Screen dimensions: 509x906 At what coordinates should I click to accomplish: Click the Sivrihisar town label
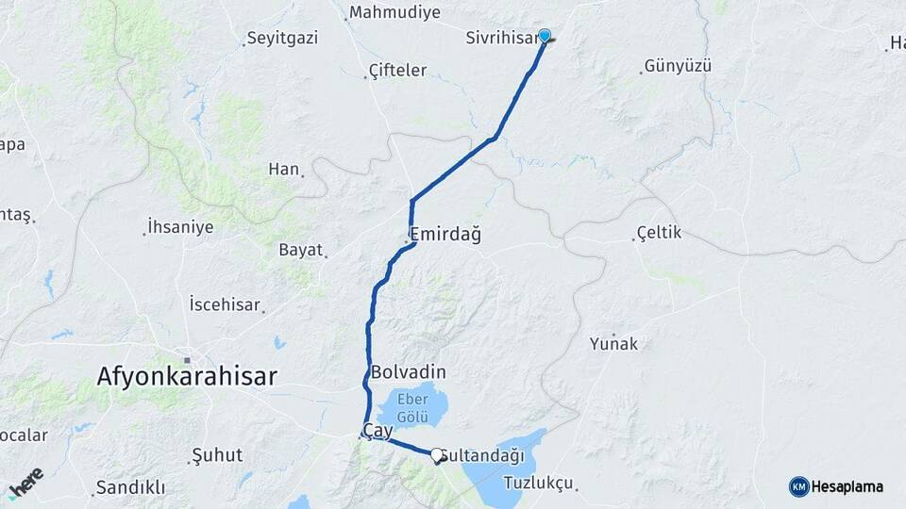pos(502,39)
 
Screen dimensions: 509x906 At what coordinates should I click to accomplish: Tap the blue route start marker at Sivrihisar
pos(545,36)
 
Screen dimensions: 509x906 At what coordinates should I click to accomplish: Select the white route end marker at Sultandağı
pos(437,455)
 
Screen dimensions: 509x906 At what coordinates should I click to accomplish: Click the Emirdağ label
pos(445,235)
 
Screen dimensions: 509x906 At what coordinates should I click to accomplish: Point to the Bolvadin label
pos(409,371)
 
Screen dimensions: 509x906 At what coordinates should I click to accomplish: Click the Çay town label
pos(377,430)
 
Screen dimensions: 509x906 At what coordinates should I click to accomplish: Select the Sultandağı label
pos(483,456)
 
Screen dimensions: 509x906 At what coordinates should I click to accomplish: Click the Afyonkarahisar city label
pos(187,377)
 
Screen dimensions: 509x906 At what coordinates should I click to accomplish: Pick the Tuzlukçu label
pos(539,483)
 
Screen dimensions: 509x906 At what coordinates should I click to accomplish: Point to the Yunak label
pos(613,344)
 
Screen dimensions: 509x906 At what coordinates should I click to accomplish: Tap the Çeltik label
pos(659,232)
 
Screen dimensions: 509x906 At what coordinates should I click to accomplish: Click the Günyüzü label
pos(677,67)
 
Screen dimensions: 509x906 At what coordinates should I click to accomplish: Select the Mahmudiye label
pos(394,13)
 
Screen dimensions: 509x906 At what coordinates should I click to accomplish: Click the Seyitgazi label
pos(281,39)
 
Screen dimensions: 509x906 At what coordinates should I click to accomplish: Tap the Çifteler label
pos(397,71)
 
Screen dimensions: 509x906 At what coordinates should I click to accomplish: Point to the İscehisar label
pos(225,304)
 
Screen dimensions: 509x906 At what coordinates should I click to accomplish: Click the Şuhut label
pos(217,455)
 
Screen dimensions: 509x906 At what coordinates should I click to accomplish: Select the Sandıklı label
pos(130,487)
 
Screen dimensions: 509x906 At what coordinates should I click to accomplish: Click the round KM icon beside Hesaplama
pos(798,486)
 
